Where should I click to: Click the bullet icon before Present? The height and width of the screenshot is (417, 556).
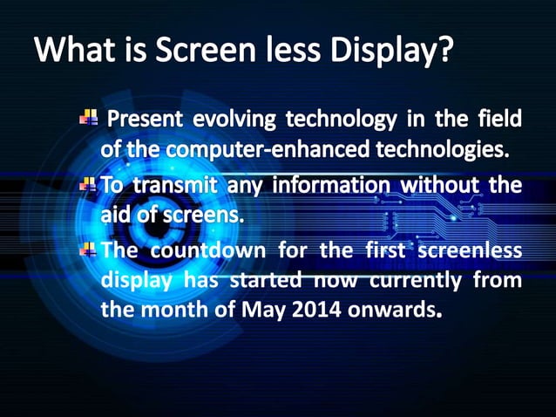coord(88,117)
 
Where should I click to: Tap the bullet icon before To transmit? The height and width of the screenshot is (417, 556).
coord(88,185)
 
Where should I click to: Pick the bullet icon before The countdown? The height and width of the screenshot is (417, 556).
coord(88,250)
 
